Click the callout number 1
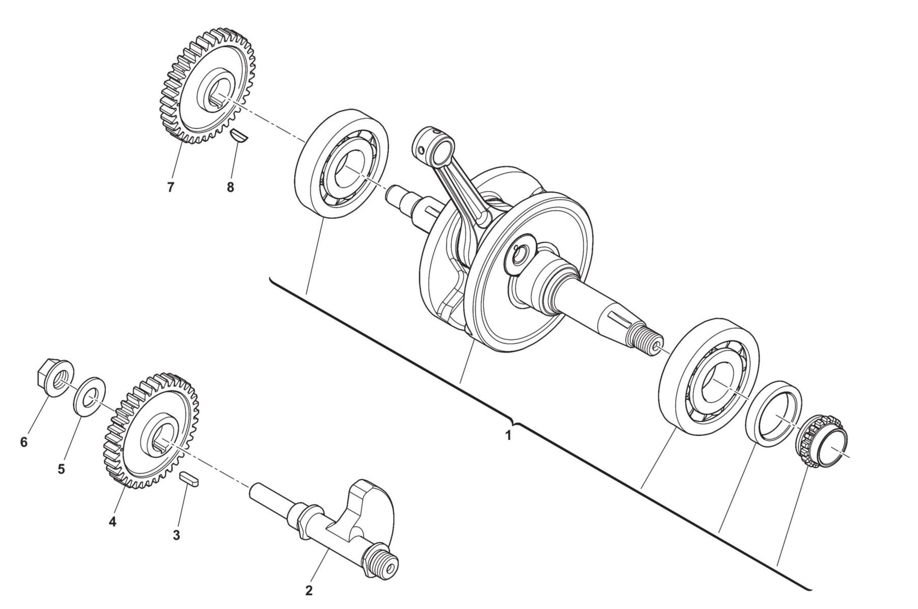pos(508,435)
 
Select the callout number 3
pos(176,535)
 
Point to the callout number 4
pos(112,522)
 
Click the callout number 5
pos(61,469)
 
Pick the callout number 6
pos(24,442)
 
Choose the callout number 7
pos(170,187)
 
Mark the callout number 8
pos(231,187)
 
